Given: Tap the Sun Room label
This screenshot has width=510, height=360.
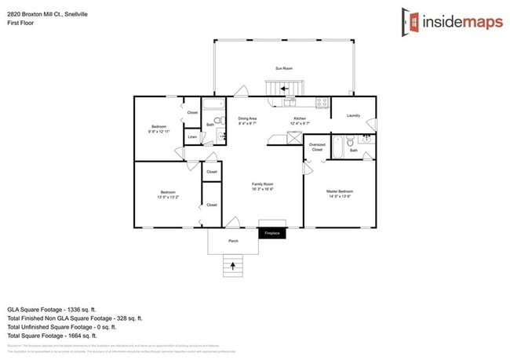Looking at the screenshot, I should [x=283, y=69].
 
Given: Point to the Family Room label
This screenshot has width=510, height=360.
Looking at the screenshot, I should [x=262, y=185].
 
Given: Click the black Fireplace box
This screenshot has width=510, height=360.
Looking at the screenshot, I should [x=271, y=233].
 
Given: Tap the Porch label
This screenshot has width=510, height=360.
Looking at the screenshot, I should [x=233, y=241].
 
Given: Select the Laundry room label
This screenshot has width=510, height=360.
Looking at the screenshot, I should [x=353, y=116].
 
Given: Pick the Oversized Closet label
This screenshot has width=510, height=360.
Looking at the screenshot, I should [x=317, y=147].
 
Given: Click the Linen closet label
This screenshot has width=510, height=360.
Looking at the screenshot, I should [x=191, y=137].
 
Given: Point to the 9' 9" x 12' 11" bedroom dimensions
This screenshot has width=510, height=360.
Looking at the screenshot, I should [x=159, y=131].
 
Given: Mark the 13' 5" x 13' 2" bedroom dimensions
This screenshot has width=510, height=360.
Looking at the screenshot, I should [x=168, y=196].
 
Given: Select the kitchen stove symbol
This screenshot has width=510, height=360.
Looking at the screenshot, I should [x=321, y=102].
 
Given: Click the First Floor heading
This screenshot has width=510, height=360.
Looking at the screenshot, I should [x=19, y=23].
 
